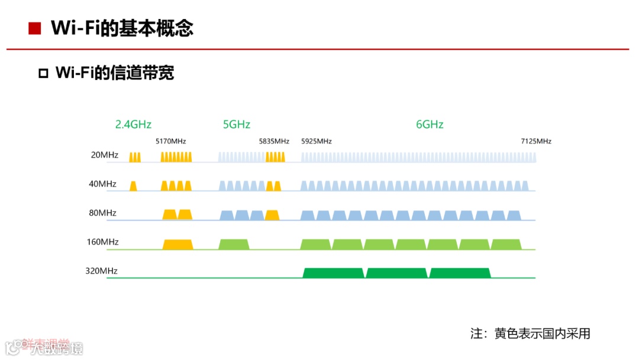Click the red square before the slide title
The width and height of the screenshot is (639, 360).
point(35,28)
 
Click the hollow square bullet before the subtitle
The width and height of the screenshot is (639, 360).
point(43,73)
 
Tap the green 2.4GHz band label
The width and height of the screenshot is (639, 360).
point(133,124)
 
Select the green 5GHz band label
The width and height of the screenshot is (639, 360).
point(237,124)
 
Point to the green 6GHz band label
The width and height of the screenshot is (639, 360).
point(430,124)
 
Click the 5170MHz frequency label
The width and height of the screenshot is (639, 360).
point(171,142)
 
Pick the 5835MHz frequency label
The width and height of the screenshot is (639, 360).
point(274,142)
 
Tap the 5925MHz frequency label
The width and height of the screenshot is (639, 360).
point(317,142)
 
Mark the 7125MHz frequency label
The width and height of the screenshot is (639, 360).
point(536,142)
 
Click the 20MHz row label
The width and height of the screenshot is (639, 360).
point(104,155)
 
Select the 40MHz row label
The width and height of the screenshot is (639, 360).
point(102,184)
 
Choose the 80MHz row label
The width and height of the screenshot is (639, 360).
point(102,213)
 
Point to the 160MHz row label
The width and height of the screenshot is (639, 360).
point(102,242)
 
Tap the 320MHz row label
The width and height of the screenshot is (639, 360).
point(101,271)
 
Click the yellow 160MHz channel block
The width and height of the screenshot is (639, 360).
point(177,245)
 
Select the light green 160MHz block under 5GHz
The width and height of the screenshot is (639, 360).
point(234,245)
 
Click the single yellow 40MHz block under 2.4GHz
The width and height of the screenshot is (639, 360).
point(133,186)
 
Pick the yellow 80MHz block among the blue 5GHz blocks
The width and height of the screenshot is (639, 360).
point(272,215)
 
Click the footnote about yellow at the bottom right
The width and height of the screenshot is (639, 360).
point(530,333)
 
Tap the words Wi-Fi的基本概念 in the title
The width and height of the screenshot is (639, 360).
point(122,28)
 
